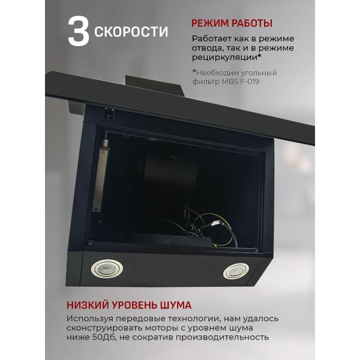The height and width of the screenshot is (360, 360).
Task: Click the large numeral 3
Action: coord(78,32)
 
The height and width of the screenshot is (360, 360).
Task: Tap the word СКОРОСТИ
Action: coord(131,31)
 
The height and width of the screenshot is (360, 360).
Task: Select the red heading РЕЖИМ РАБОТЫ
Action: coord(232,23)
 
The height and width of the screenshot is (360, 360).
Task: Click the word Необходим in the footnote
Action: coord(223,73)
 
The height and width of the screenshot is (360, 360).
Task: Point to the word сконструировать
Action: coord(107,328)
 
